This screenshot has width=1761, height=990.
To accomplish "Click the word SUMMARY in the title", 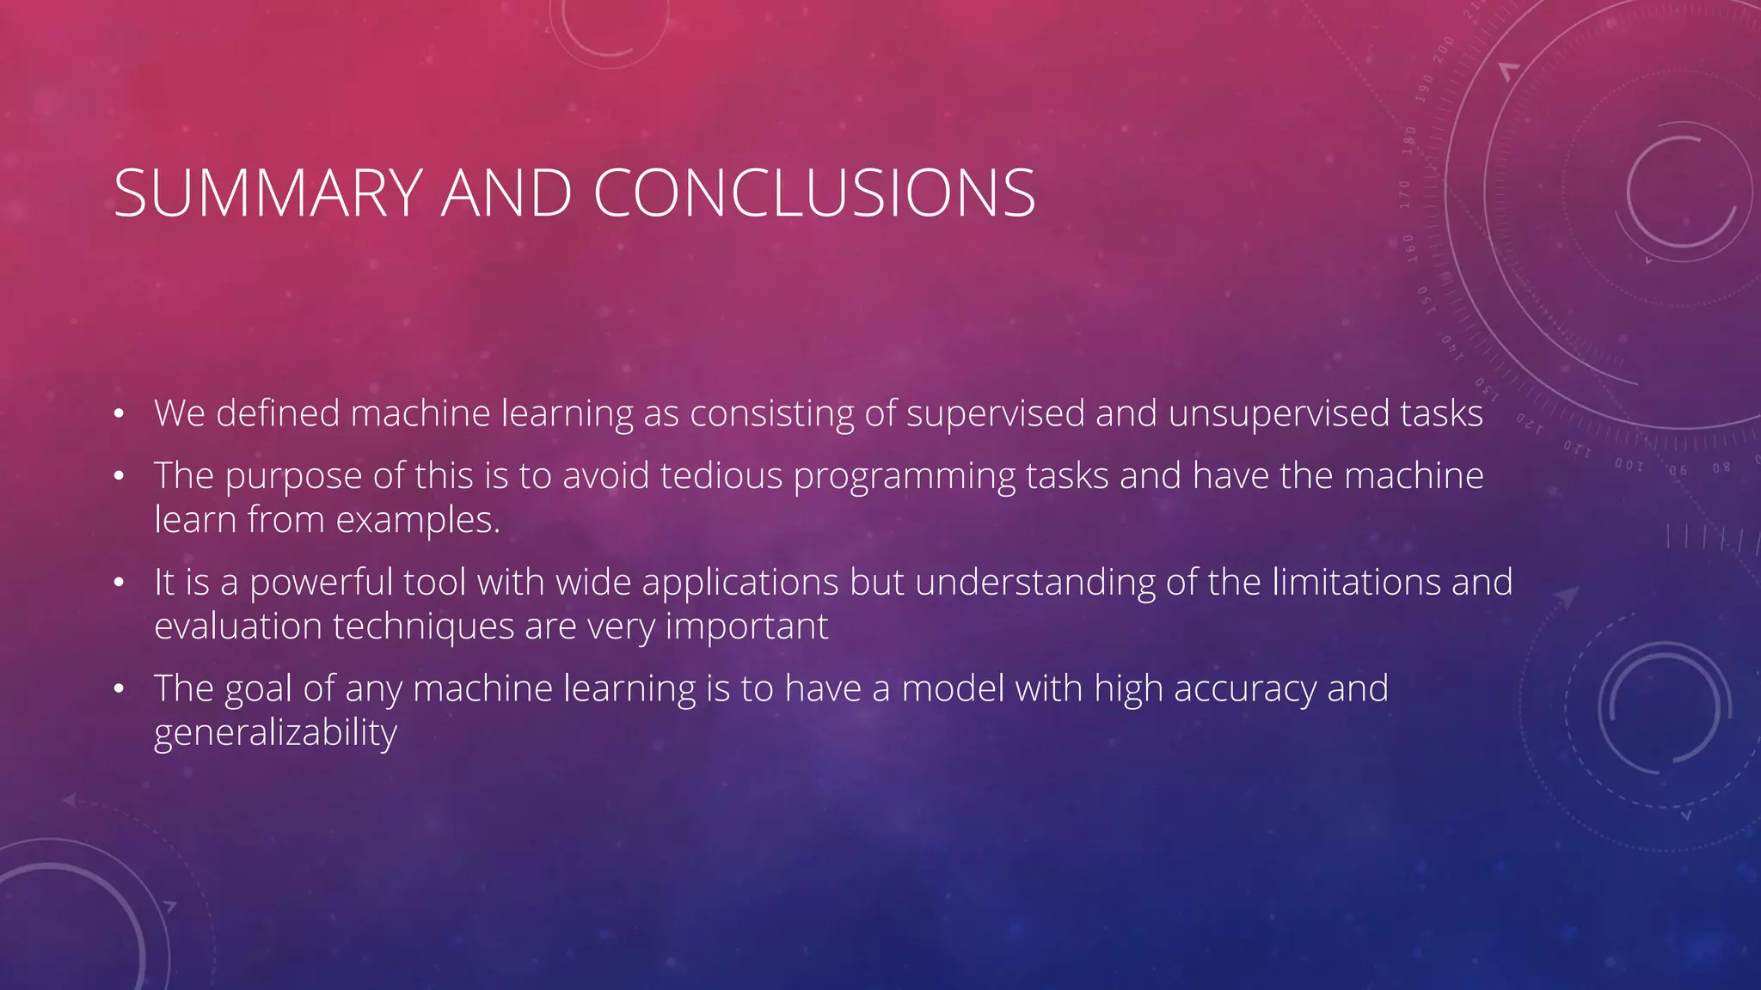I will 267,193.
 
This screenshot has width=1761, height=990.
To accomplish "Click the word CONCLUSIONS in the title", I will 813,193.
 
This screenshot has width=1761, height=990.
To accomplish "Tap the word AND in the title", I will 506,193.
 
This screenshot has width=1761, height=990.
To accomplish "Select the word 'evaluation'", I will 238,626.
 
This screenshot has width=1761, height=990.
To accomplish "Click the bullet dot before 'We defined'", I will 119,415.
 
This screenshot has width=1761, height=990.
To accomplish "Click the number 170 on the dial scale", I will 1405,194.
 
